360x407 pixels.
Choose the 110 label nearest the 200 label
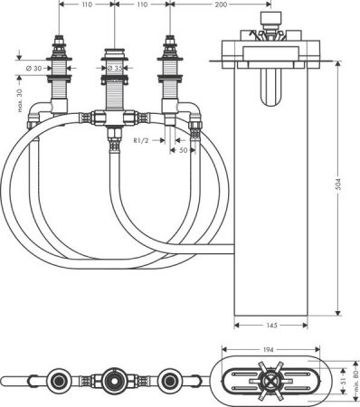click(141, 5)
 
